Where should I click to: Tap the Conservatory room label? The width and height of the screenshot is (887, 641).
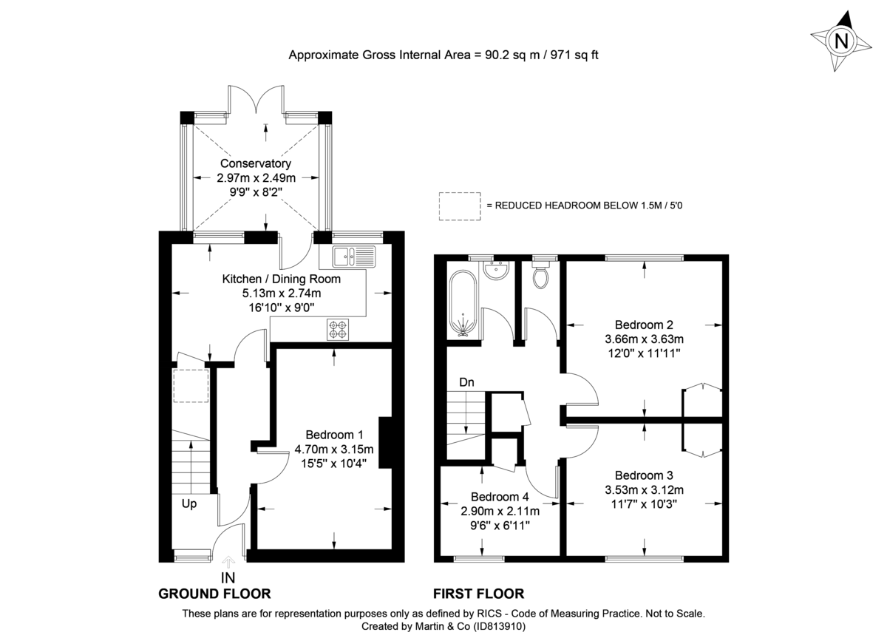254,163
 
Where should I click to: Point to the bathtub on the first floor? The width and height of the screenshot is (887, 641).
463,303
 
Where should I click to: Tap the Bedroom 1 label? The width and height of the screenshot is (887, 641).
334,435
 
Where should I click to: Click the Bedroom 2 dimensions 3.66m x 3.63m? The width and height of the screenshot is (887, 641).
644,339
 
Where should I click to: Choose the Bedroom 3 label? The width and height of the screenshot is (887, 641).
644,475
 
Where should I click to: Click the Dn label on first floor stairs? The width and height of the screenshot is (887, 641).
466,382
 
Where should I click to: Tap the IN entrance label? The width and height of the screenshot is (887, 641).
229,577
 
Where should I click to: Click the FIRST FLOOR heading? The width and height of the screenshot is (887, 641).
478,594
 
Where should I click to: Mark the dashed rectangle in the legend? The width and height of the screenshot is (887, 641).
458,206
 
